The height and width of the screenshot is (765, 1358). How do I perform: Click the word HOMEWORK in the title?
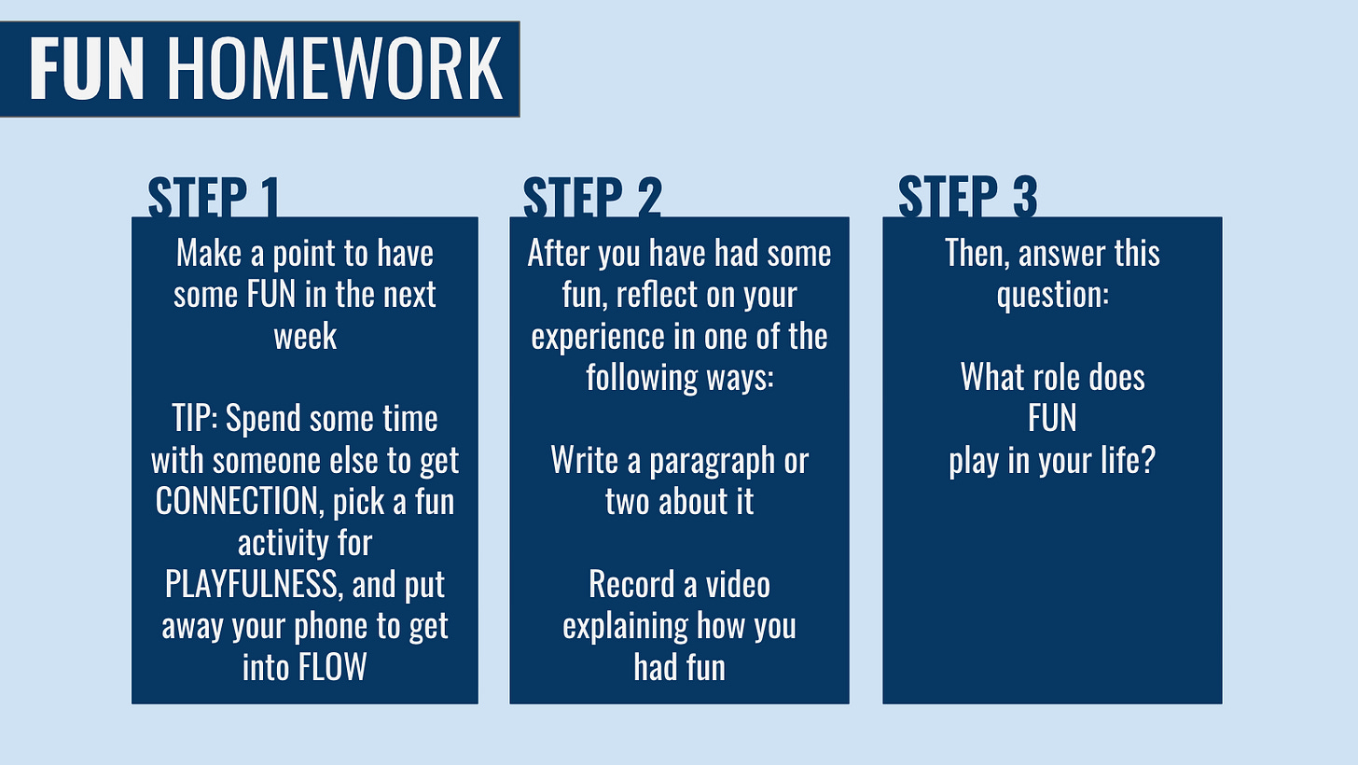point(335,69)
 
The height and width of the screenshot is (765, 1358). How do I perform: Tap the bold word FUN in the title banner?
point(87,69)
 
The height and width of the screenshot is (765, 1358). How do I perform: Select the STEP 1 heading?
point(214,197)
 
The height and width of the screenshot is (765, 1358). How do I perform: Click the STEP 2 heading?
point(592,197)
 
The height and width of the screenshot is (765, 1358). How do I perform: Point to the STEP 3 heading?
point(967,197)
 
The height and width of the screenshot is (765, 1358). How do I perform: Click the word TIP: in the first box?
point(194,419)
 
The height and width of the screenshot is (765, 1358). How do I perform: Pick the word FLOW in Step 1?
point(331,667)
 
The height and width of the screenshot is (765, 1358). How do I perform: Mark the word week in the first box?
point(305,336)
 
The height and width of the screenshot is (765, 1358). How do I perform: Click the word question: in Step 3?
point(1052,295)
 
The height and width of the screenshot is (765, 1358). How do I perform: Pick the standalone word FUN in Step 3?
point(1052,419)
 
